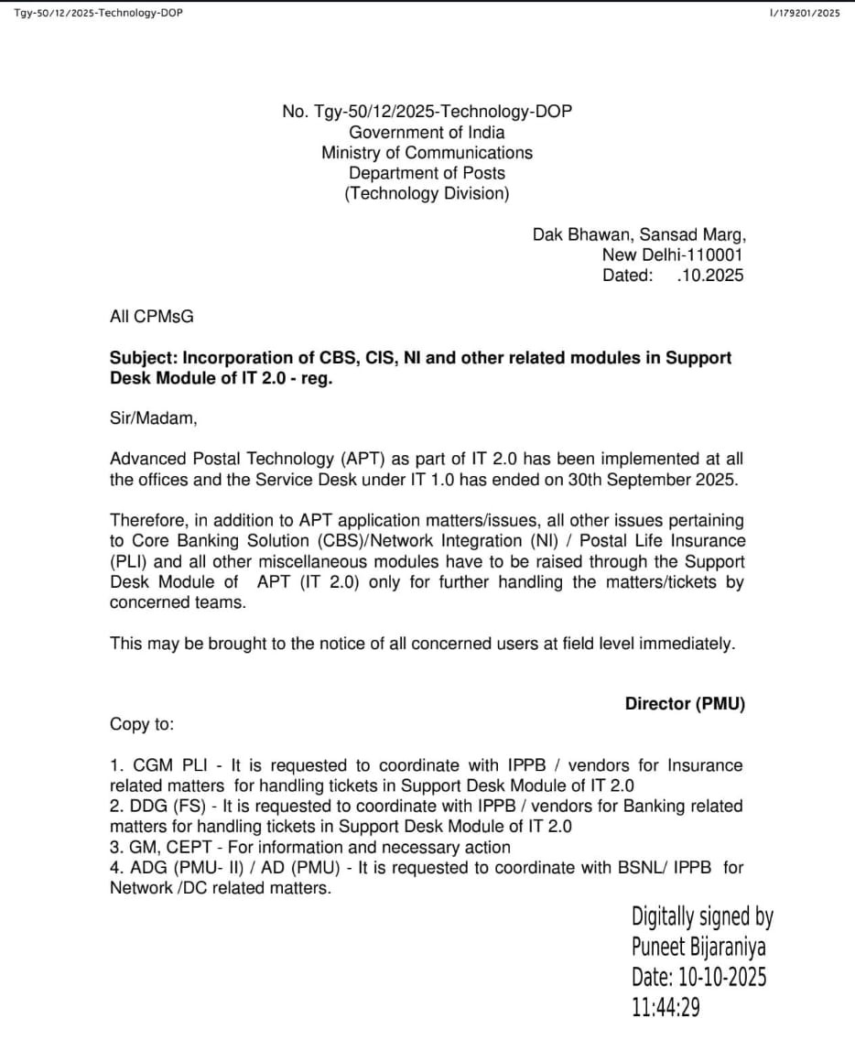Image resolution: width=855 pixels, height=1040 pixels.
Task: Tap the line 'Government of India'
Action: point(427,133)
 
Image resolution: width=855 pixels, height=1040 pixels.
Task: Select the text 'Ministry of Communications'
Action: point(427,153)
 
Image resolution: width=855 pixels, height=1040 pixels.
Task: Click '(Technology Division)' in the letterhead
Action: point(427,193)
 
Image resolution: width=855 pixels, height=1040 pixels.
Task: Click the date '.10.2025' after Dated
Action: point(709,275)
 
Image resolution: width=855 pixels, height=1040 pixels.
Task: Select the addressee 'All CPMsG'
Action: point(152,317)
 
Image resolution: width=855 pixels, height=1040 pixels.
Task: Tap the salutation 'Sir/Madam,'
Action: point(153,418)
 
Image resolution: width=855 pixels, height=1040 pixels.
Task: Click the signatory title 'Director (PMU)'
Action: point(685,704)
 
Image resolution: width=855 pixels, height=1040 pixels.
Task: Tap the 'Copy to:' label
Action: point(142,724)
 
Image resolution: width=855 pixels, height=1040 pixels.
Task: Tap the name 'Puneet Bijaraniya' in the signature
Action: point(698,946)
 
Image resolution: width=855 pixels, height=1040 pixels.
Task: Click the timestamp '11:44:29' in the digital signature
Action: point(666,1007)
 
